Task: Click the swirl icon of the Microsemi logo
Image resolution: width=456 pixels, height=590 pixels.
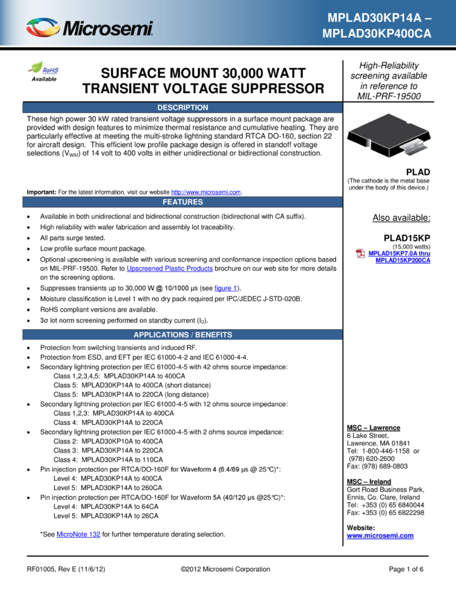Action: (x=43, y=27)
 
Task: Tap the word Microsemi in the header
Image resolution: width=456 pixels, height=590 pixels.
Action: (x=108, y=28)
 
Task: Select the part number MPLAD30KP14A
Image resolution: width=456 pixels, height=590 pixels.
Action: (x=374, y=18)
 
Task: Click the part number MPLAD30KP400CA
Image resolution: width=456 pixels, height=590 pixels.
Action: (x=377, y=33)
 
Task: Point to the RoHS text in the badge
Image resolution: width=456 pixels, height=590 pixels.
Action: (x=51, y=70)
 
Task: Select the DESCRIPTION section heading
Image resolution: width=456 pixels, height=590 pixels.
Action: (x=183, y=108)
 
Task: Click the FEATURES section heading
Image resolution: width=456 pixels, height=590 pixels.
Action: (x=183, y=202)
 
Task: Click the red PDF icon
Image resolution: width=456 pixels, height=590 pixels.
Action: (x=360, y=253)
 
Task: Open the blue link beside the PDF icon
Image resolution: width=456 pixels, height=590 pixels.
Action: (x=400, y=257)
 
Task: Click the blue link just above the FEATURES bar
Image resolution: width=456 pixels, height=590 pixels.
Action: (x=206, y=192)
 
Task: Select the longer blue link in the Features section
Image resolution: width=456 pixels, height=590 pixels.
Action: (x=169, y=269)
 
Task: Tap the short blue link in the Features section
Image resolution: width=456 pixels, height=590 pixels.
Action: (x=225, y=288)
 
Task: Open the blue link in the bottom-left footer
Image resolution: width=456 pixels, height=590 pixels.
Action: (x=78, y=534)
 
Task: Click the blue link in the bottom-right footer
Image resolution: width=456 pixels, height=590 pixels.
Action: (x=380, y=536)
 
